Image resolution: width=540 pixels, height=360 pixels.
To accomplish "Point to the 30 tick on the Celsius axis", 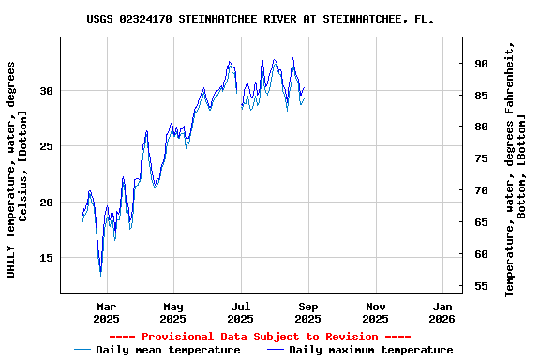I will coord(47,91).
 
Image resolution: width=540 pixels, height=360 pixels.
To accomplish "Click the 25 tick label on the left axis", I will coord(47,146).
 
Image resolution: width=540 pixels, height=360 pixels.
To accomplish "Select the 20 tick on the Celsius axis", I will coord(47,202).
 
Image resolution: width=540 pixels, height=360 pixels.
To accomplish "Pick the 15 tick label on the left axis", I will coord(47,258).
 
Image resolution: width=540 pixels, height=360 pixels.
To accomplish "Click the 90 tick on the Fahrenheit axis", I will coord(481,64).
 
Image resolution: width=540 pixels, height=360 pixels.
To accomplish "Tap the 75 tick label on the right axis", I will coord(481,158).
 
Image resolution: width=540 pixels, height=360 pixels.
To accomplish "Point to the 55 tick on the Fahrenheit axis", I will coord(481,286).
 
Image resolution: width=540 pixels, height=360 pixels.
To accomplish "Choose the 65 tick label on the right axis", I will coord(481,222).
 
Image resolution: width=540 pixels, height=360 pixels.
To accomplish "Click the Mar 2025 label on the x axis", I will coord(107,312).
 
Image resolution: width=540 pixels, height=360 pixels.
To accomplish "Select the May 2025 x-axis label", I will coord(173,312).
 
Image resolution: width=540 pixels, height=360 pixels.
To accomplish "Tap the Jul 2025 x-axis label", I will coord(241,312).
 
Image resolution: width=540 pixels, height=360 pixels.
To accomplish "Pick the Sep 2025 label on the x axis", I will coord(308,312).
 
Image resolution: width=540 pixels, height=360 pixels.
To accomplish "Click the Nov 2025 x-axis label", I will coord(375,312).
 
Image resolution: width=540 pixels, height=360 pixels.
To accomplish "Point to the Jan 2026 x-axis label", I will coord(442,312).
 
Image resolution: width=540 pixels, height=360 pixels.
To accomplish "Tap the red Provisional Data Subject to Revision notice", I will coord(260,337).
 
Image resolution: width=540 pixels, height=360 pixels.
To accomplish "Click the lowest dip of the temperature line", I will coord(100,273).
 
